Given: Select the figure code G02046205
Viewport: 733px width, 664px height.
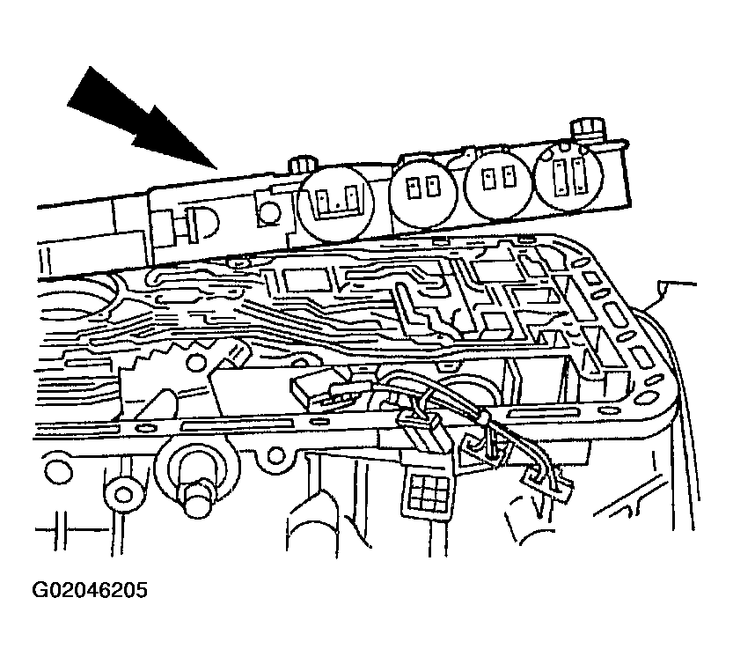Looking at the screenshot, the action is [90, 590].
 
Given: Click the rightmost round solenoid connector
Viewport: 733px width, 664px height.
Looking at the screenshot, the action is [569, 175].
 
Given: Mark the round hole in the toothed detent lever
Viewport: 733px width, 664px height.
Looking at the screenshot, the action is [196, 363].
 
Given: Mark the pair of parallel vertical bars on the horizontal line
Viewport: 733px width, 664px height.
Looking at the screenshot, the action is [61, 530].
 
